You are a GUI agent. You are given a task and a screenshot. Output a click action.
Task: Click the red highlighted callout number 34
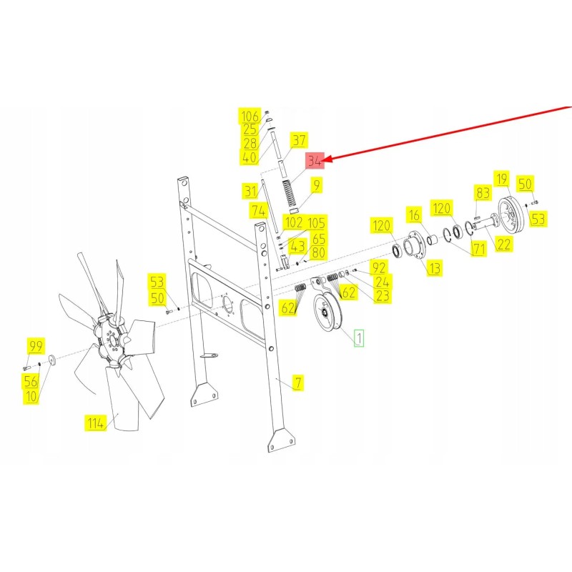315,160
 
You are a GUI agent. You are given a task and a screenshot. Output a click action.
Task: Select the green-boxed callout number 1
359,338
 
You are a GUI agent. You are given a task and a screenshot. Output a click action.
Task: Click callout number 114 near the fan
96,423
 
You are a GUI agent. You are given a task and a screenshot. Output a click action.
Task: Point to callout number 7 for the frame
298,383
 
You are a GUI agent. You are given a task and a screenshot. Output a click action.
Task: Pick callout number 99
36,346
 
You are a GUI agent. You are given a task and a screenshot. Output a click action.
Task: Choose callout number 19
502,179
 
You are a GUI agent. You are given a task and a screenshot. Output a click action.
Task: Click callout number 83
483,192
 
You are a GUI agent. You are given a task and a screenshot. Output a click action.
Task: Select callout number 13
435,268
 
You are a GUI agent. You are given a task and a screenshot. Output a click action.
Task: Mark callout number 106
250,116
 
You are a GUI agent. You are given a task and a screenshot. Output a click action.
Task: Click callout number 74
259,211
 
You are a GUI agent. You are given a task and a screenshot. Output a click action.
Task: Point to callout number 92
378,267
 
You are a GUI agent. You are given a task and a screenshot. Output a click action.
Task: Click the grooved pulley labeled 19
511,216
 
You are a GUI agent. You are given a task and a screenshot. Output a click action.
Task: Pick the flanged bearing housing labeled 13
414,245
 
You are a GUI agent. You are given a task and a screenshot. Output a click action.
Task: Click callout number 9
316,185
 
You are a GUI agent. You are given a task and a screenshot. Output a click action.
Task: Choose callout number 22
504,244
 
